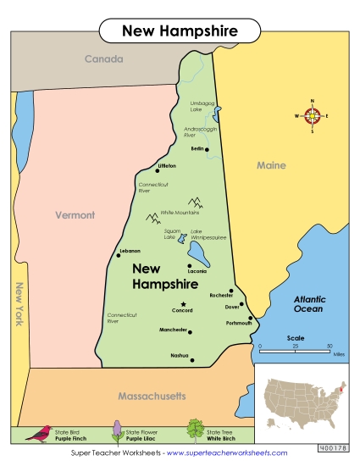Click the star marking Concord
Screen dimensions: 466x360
pos(182,303)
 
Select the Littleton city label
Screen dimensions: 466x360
pos(167,166)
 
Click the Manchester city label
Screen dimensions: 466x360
pos(172,329)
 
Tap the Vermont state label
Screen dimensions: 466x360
pos(75,215)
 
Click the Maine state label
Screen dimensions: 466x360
pos(271,165)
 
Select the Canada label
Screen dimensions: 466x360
pos(103,59)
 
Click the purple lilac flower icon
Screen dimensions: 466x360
pos(116,430)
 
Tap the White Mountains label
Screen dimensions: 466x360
pos(180,213)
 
